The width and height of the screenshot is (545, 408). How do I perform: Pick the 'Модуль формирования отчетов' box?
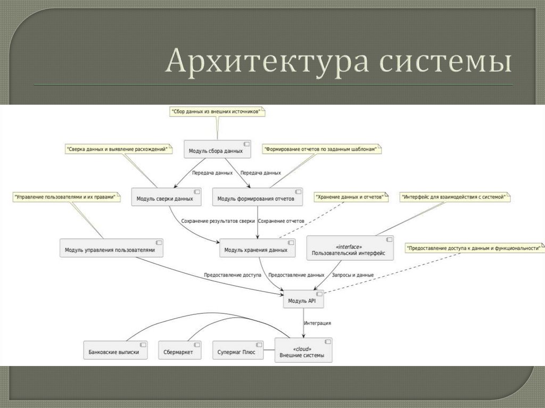click(258, 197)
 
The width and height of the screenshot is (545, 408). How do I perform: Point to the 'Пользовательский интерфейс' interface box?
click(350, 248)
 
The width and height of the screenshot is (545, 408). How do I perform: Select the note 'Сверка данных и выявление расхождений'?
click(119, 149)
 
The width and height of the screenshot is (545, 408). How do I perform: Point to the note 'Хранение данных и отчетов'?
click(350, 197)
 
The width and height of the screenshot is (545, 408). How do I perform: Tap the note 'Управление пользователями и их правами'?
click(65, 197)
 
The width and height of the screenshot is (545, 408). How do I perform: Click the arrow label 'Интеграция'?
click(318, 323)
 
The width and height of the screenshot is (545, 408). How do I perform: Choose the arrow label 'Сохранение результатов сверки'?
click(218, 221)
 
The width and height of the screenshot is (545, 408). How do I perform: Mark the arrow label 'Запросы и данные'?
click(352, 275)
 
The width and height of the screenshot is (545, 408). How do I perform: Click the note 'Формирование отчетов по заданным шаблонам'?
click(323, 149)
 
